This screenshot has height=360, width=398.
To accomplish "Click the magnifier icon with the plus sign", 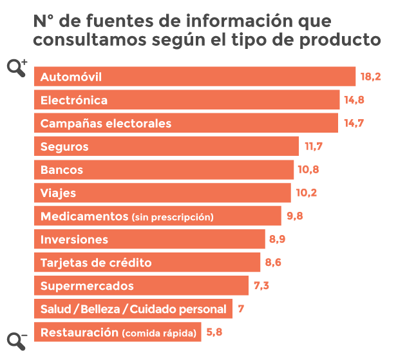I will tap(17, 67).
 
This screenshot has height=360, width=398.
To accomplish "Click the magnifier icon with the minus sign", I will tap(17, 341).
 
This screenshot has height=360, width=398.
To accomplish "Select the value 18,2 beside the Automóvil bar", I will tap(371, 77).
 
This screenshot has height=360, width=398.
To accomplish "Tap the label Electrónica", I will tap(74, 100).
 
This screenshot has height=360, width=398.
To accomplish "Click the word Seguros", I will tap(64, 147).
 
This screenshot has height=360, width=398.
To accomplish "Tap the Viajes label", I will tap(58, 193).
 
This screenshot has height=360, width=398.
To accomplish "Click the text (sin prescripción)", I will tap(172, 217).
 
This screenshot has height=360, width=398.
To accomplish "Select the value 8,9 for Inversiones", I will tap(278, 240).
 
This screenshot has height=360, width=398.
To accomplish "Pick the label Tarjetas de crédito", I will tap(96, 263).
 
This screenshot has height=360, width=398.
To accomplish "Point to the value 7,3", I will tap(263, 286).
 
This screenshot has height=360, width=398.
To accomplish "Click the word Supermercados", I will tap(87, 286).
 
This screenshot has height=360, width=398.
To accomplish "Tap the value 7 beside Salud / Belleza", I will tap(241, 309).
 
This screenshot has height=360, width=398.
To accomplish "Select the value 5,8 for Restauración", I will tap(215, 332).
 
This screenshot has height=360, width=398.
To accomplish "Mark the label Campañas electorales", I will tap(106, 124).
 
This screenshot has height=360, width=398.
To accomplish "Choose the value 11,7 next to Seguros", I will tap(314, 147).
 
